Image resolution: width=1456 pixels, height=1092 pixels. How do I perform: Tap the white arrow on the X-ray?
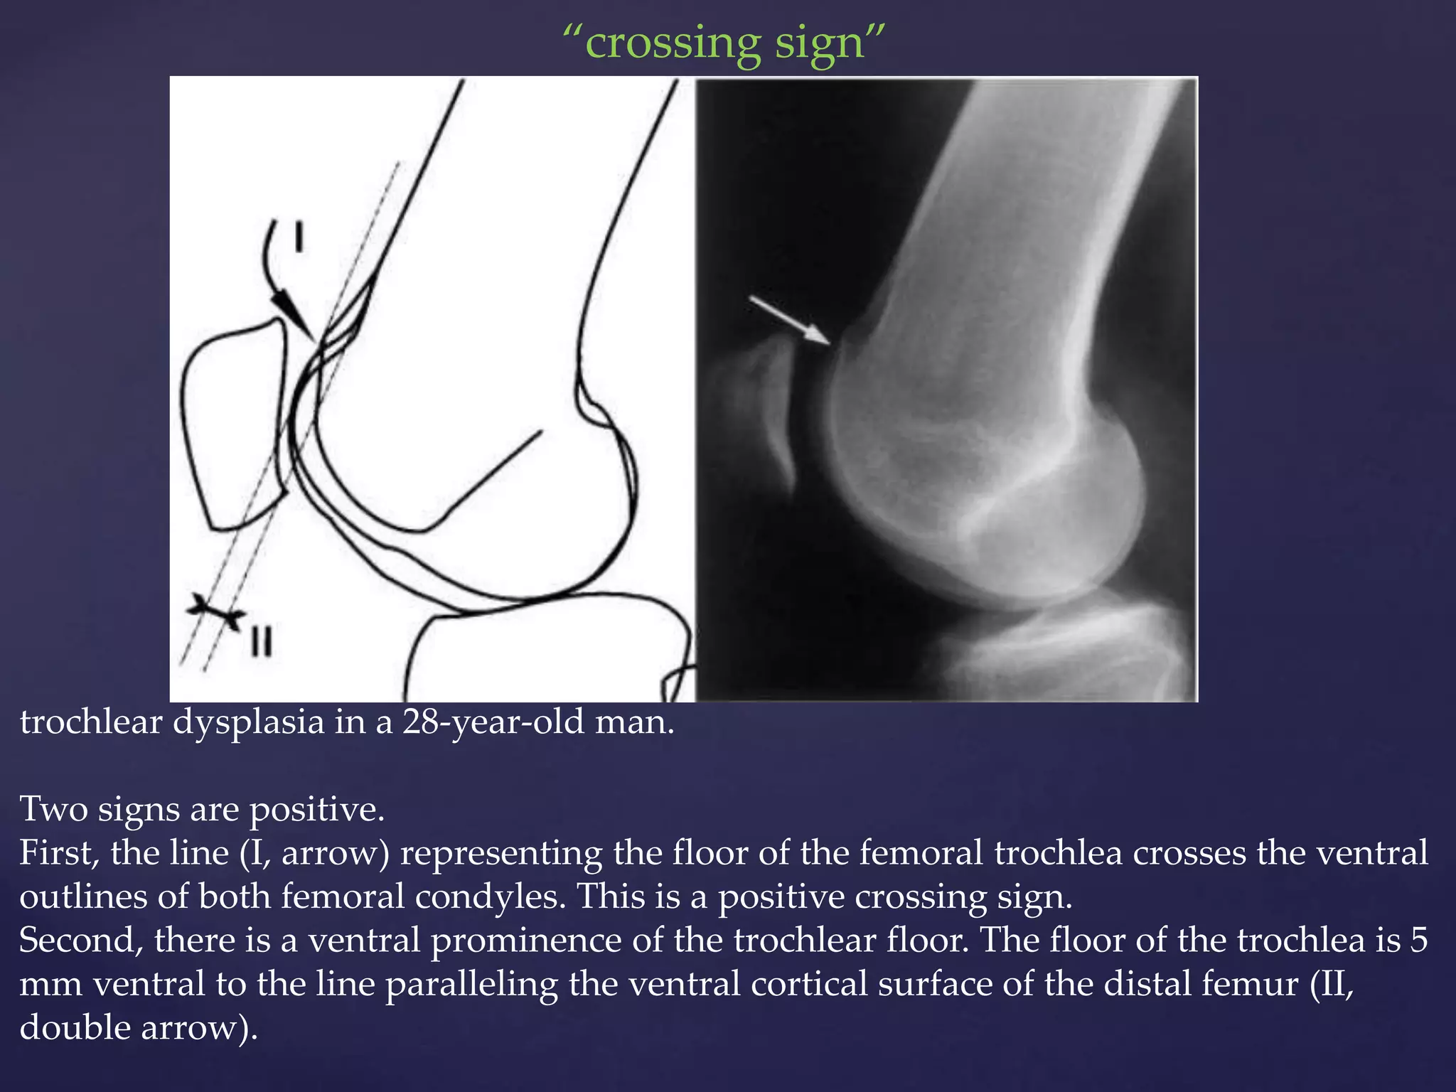click(x=789, y=321)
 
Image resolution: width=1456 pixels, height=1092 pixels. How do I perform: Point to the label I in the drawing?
click(x=299, y=237)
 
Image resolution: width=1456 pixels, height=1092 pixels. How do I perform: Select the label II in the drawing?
click(x=262, y=643)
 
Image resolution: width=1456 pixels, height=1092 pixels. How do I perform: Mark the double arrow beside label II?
click(x=216, y=612)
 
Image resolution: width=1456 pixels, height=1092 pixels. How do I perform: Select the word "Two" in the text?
click(x=53, y=809)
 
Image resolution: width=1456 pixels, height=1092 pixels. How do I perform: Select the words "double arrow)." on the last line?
click(x=139, y=1028)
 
